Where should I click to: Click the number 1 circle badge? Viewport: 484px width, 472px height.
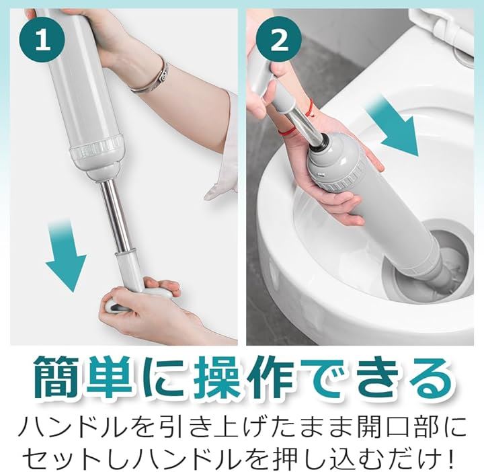[x=42, y=39]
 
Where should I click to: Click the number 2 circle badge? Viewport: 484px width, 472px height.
[x=279, y=39]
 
